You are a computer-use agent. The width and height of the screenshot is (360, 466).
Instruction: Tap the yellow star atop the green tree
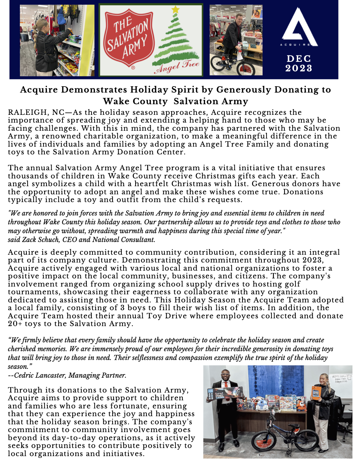[175, 10]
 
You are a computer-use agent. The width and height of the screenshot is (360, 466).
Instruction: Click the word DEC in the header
[299, 59]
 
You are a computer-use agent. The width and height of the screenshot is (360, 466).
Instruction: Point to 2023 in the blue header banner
[299, 68]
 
